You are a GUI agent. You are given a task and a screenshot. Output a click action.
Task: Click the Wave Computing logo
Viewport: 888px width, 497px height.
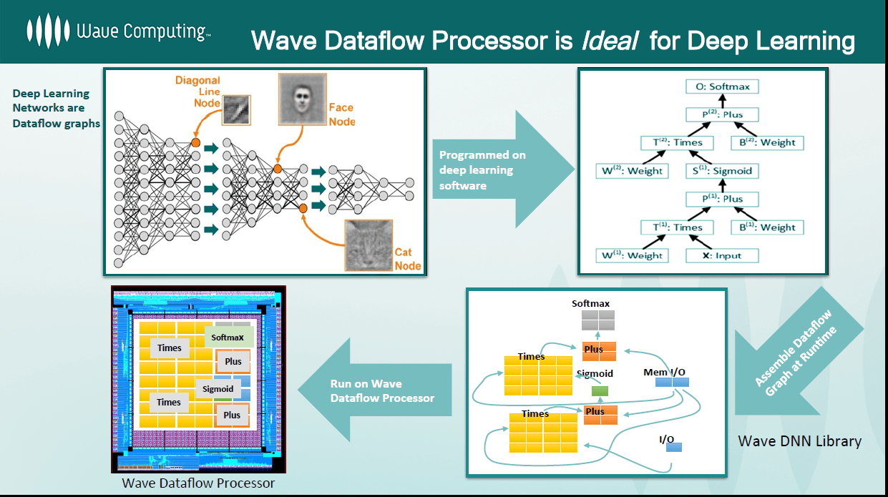pos(118,31)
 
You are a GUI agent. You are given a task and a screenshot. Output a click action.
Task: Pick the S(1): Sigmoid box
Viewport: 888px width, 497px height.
pos(723,171)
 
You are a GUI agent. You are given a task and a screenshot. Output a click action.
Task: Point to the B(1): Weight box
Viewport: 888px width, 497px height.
pos(767,227)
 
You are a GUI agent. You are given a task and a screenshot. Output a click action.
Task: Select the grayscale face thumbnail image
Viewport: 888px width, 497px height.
pos(302,97)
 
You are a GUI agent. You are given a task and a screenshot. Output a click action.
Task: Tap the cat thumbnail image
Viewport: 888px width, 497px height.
pos(368,245)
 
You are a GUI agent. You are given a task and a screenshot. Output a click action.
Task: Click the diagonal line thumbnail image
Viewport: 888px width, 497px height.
pos(235,112)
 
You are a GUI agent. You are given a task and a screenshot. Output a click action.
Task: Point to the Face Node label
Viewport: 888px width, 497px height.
pos(341,114)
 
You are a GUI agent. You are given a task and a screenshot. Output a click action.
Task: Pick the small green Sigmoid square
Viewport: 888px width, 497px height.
pos(600,390)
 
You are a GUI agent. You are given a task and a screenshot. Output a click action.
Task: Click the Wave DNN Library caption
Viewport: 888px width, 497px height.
pos(799,441)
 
